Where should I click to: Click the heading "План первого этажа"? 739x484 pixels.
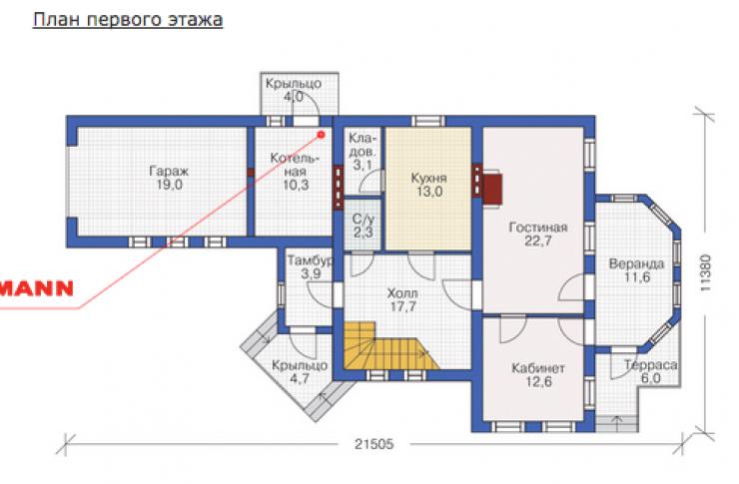pos(127,19)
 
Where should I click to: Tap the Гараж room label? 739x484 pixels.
pos(169,170)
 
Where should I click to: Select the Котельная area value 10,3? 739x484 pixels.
pos(296,185)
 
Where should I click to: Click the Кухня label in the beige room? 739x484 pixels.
pos(428,179)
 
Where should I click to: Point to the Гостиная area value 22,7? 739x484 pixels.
pos(537,242)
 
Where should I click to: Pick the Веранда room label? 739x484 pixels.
pos(637,263)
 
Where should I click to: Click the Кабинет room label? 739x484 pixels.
pos(537,368)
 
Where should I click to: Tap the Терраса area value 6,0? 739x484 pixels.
pos(651,378)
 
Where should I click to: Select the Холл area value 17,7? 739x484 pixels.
pos(403,306)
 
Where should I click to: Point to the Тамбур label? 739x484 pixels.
pos(310,260)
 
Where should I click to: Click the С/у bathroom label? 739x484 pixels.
pos(363,220)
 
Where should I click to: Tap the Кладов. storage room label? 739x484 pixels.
pos(363,145)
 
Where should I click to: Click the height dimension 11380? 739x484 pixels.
pos(705,272)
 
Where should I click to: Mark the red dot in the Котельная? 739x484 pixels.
pos(322,135)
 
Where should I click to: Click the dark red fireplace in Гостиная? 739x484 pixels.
pos(492,190)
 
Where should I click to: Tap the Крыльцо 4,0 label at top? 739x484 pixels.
pos(294,90)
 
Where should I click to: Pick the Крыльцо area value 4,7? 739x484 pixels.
pos(299,378)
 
